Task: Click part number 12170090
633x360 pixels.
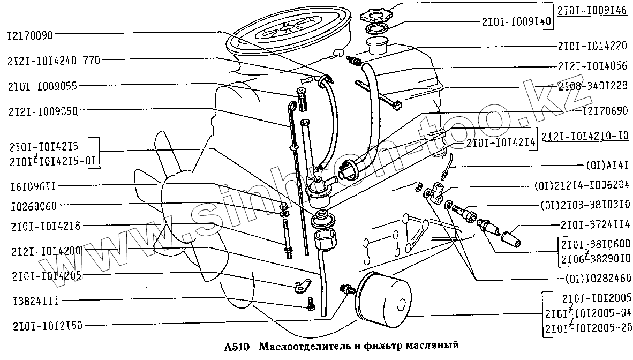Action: pyautogui.click(x=29, y=35)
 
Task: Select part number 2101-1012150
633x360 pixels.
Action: pyautogui.click(x=41, y=325)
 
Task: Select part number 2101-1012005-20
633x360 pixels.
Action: pyautogui.click(x=587, y=327)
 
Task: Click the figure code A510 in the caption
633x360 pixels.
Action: pyautogui.click(x=234, y=346)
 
